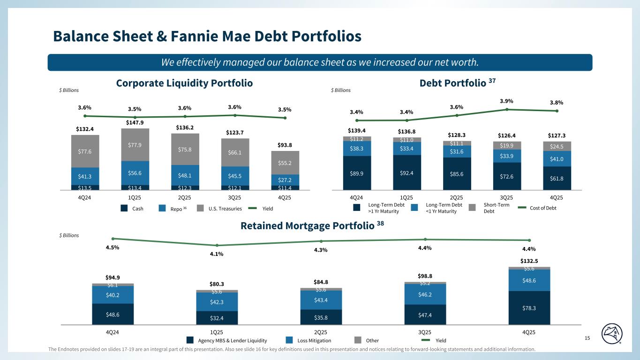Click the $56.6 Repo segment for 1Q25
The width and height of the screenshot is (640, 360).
[135, 172]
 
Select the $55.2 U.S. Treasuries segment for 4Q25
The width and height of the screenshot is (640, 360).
[285, 163]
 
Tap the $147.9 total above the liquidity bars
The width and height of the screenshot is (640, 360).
[135, 123]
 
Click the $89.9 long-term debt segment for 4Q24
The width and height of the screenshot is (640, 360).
[357, 172]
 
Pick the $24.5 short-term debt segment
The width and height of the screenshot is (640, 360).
[557, 146]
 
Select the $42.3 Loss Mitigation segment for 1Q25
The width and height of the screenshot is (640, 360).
[217, 302]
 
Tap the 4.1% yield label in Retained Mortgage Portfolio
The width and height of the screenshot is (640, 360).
[217, 254]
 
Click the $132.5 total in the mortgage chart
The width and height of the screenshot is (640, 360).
[529, 260]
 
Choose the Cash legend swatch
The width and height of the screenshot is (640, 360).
[124, 208]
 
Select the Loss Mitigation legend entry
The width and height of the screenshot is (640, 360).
[314, 341]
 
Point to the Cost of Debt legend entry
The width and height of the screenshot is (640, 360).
[543, 208]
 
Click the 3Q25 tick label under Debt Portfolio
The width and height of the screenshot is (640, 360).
[507, 197]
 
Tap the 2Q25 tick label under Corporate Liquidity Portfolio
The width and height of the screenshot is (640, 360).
[185, 197]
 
